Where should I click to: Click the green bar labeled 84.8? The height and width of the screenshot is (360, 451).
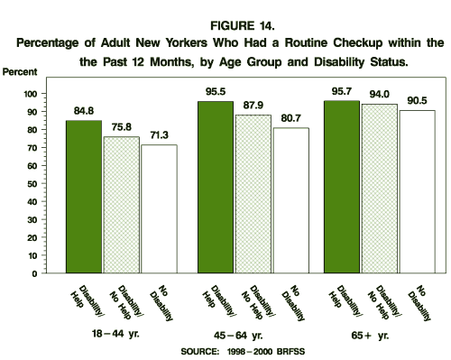coord(84,197)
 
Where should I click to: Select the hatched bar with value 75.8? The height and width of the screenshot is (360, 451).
coord(122,205)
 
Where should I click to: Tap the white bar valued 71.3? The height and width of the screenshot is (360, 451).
coord(158,208)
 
